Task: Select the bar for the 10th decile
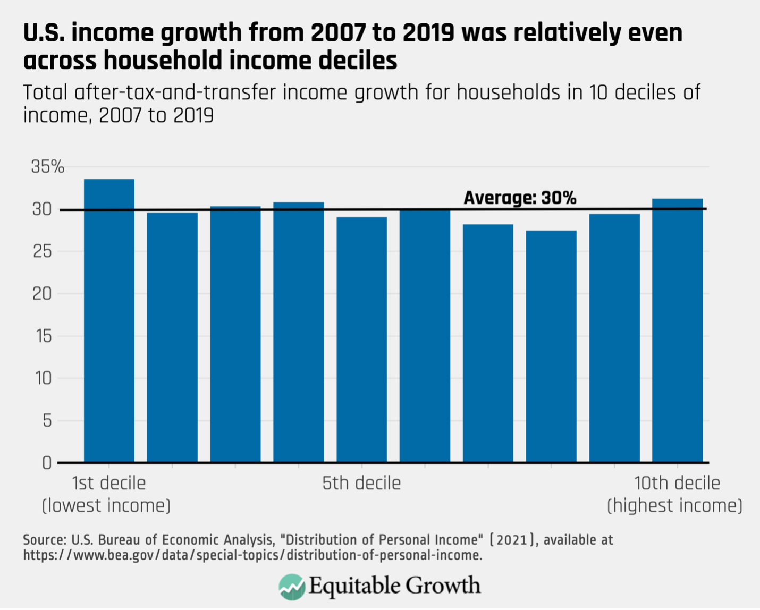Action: (677, 330)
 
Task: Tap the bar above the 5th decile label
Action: (361, 340)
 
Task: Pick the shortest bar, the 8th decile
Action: (551, 346)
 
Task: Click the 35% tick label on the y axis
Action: (47, 167)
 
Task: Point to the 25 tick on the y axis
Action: (42, 251)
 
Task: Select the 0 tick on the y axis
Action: (47, 463)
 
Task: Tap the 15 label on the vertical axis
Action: (43, 336)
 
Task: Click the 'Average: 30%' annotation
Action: (519, 198)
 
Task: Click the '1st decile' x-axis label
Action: (108, 483)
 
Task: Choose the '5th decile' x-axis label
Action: (361, 483)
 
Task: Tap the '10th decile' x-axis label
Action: (677, 483)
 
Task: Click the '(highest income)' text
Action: (674, 505)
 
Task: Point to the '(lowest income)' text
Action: (106, 505)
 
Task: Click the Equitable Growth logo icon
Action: (291, 587)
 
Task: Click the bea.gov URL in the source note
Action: (252, 555)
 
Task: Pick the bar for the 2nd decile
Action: (172, 337)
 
